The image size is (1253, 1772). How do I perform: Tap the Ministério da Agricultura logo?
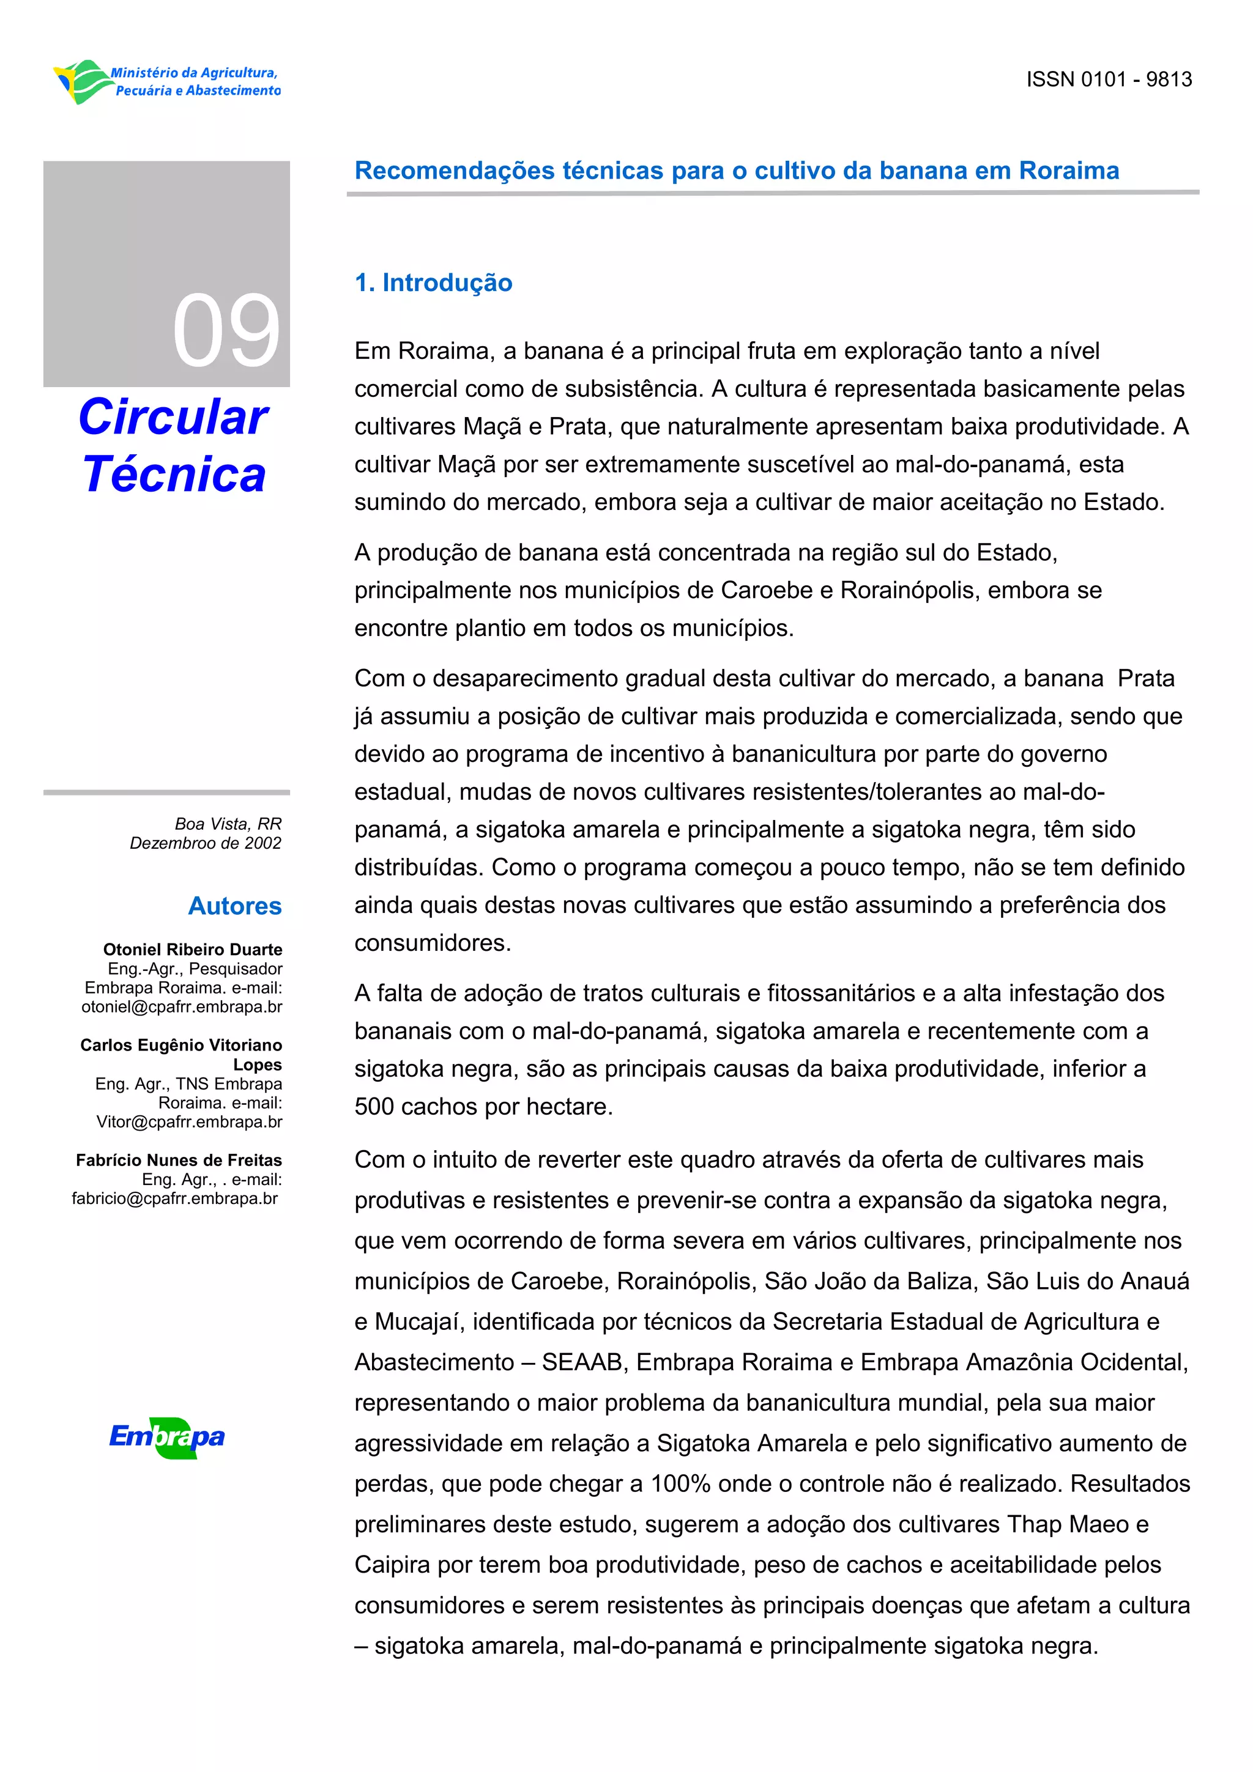point(168,82)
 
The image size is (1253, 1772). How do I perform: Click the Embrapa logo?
point(167,1437)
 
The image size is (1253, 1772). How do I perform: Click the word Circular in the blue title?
point(173,418)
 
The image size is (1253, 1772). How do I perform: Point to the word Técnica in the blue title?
point(174,474)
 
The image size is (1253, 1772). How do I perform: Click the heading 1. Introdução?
point(433,282)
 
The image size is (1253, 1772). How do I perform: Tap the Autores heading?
point(235,906)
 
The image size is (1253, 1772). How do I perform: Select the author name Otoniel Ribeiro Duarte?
point(192,949)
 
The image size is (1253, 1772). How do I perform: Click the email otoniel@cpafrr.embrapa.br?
point(182,1007)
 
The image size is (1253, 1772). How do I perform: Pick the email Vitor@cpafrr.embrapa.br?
point(189,1122)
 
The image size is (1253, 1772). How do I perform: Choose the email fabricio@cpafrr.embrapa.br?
point(174,1198)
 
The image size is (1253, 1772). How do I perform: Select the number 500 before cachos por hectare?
point(374,1107)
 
